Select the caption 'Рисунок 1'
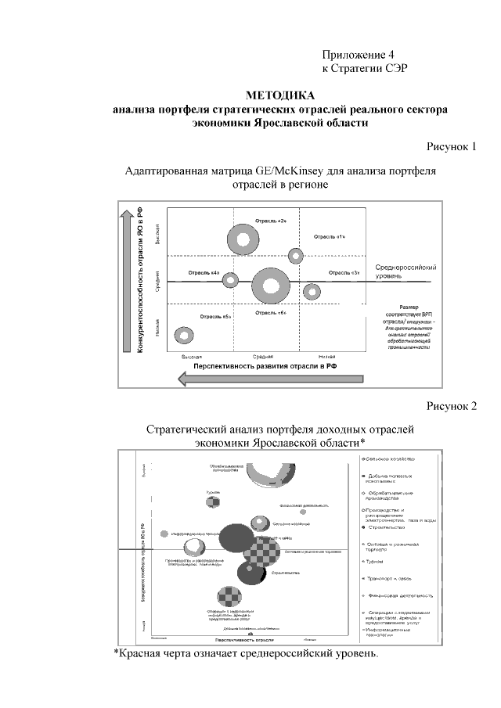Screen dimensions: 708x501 tap(452, 146)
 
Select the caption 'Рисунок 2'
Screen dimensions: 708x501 tap(452, 405)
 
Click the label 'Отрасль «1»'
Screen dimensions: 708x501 tap(330, 235)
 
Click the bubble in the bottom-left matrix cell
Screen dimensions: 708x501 tap(185, 335)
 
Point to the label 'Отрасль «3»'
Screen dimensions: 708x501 tap(344, 272)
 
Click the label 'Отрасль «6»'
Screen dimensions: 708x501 tap(271, 313)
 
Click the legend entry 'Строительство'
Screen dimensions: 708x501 tap(384, 527)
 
